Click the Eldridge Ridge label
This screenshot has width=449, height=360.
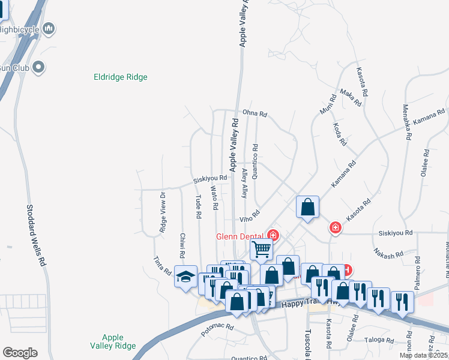(x=121, y=77)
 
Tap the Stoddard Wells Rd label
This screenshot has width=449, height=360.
(x=35, y=236)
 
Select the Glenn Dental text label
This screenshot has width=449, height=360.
(x=241, y=236)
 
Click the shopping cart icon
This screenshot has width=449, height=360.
(x=261, y=248)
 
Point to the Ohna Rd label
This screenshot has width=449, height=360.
(x=255, y=112)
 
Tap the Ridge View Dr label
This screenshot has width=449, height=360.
(x=162, y=212)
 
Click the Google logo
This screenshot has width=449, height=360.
(x=20, y=353)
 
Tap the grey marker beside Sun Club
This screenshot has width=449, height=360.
(x=39, y=67)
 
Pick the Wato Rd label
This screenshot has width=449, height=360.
(x=214, y=198)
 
